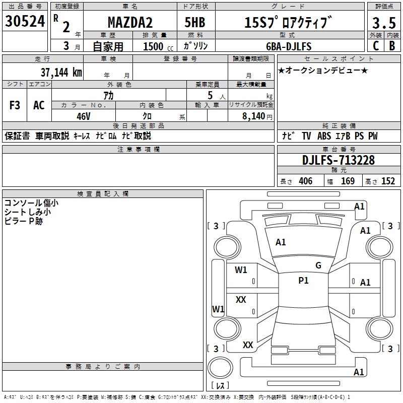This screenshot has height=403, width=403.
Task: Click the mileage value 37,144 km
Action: [x=61, y=73]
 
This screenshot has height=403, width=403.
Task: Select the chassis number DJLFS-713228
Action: [x=339, y=161]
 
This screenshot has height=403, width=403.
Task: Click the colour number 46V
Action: [x=84, y=116]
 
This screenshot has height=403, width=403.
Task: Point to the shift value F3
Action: [x=15, y=105]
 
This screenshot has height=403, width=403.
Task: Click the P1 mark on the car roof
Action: [x=303, y=281]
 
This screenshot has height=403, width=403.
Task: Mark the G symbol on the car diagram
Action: [x=318, y=265]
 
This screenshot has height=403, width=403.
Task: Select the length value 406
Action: [x=305, y=181]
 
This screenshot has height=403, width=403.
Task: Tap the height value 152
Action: [x=388, y=181]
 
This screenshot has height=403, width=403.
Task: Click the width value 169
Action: [x=348, y=181]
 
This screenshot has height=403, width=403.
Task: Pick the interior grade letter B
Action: [x=392, y=45]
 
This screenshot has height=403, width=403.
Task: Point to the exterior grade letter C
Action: [x=375, y=45]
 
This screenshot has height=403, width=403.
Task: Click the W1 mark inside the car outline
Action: [x=241, y=270]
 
